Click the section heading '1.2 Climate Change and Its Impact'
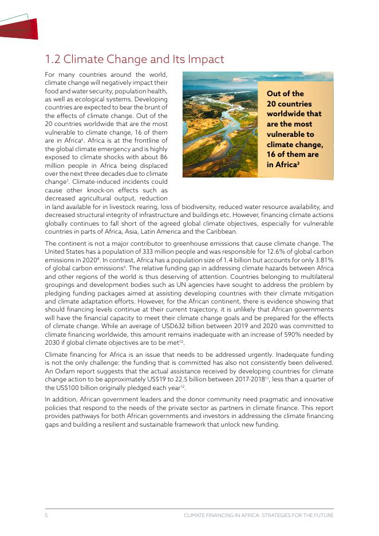[135, 60]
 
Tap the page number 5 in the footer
[46, 515]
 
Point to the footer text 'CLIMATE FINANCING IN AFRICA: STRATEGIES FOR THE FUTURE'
[258, 515]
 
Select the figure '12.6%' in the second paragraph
[281, 251]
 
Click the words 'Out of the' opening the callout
[285, 93]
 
